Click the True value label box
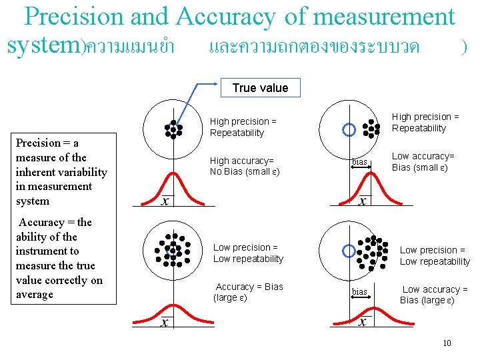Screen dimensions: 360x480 click(260, 88)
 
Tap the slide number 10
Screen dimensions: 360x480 click(447, 343)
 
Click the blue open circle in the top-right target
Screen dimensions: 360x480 click(348, 129)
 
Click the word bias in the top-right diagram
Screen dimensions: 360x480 click(360, 163)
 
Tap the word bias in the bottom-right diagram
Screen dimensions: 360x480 click(359, 292)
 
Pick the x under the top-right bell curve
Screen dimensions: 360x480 click(362, 201)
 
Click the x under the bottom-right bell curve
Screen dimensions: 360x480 click(362, 322)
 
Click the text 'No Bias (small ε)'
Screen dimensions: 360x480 click(245, 172)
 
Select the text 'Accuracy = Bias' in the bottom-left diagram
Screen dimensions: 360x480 click(249, 287)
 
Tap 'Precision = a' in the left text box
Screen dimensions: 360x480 click(47, 143)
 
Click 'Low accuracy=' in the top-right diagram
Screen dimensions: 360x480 click(423, 157)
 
